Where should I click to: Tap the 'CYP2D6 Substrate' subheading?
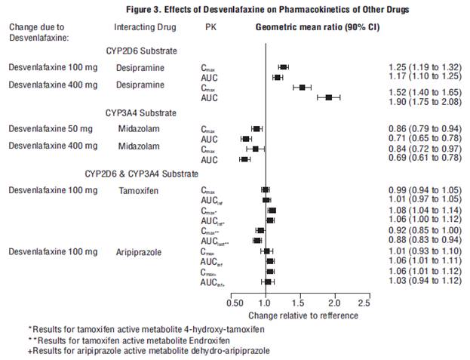[x=142, y=51]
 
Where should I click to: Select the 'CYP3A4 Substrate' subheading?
[x=142, y=112]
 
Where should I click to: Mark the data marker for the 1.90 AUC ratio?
[x=329, y=97]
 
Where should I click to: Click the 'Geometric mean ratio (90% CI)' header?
[x=316, y=26]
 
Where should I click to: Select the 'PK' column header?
[x=210, y=26]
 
